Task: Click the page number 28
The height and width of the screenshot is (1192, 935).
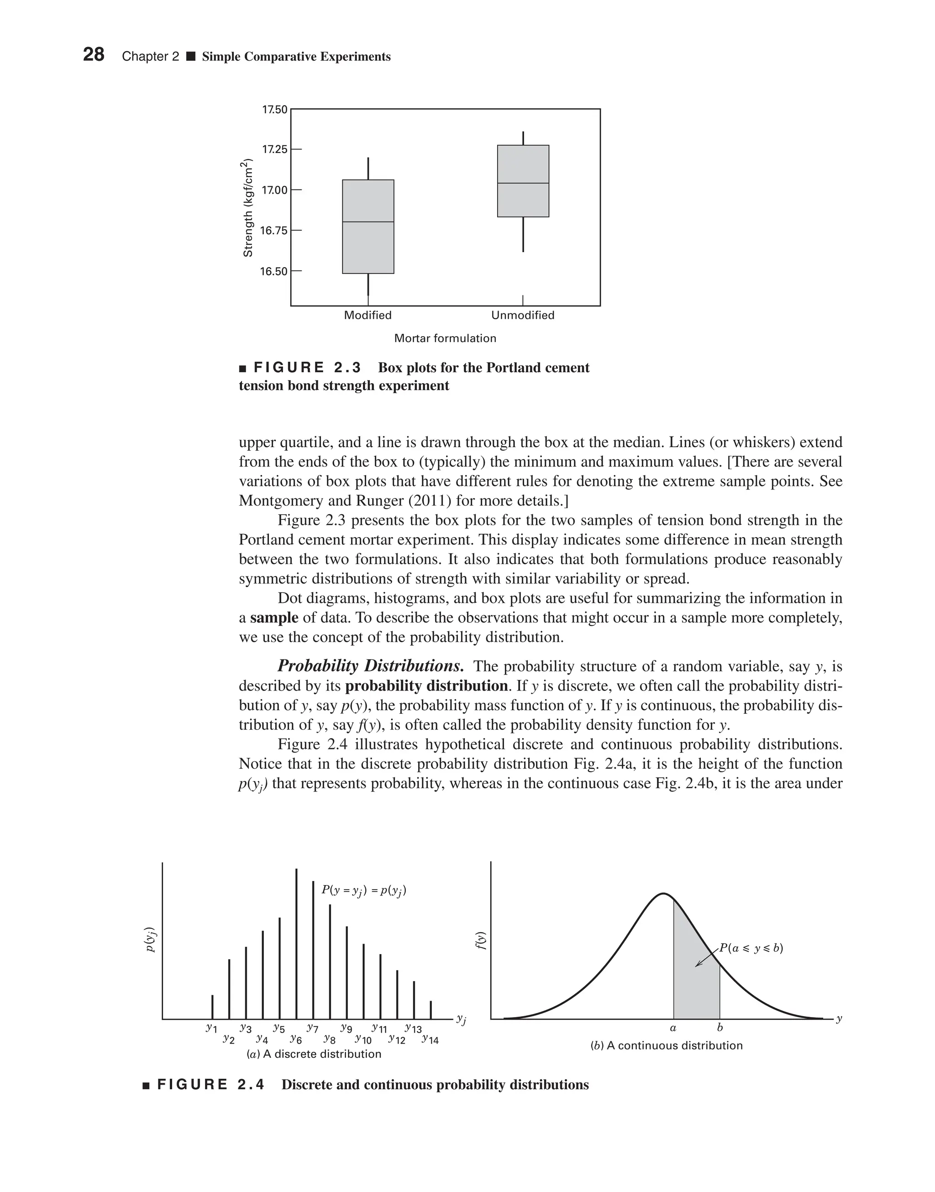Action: [94, 55]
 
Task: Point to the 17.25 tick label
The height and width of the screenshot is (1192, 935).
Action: [274, 149]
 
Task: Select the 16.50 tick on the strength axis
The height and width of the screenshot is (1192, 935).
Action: [295, 271]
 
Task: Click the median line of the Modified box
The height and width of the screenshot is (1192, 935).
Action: [368, 222]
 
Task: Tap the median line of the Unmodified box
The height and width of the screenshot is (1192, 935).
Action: [523, 183]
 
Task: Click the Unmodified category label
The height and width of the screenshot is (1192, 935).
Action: [523, 316]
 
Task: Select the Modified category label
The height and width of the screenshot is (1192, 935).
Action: [368, 316]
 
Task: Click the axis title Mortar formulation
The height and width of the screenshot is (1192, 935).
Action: [445, 338]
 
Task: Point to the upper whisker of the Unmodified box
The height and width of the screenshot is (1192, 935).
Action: [523, 138]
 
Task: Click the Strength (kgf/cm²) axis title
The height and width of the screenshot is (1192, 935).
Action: [248, 208]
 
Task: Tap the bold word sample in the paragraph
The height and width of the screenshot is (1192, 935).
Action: [274, 618]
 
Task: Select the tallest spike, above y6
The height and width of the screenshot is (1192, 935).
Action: [296, 942]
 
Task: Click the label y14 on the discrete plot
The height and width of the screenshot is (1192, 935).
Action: [431, 1040]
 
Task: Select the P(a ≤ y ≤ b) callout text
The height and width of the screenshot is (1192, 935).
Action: [751, 948]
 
